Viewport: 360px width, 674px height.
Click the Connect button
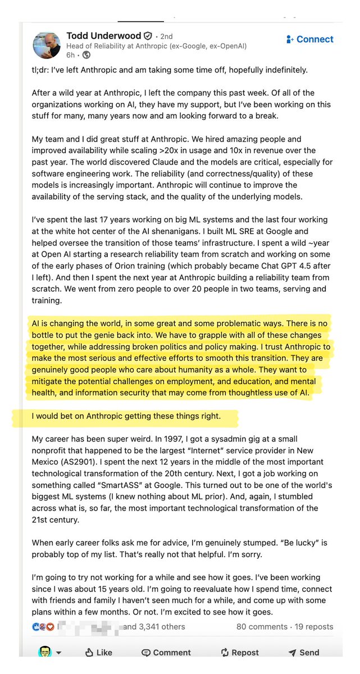pyautogui.click(x=309, y=39)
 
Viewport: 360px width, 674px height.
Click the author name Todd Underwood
pyautogui.click(x=103, y=35)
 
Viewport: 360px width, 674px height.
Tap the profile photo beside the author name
pyautogui.click(x=47, y=45)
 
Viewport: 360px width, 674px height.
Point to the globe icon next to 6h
pyautogui.click(x=86, y=55)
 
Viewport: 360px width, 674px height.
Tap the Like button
pyautogui.click(x=98, y=652)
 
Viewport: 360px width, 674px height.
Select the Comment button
pyautogui.click(x=166, y=652)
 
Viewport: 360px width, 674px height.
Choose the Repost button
pyautogui.click(x=240, y=652)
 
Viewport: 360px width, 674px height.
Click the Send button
pyautogui.click(x=303, y=652)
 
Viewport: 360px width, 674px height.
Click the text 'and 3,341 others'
pyautogui.click(x=154, y=626)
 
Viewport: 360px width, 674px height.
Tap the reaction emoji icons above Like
pyautogui.click(x=44, y=626)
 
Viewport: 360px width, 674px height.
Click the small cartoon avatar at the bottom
pyautogui.click(x=45, y=652)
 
